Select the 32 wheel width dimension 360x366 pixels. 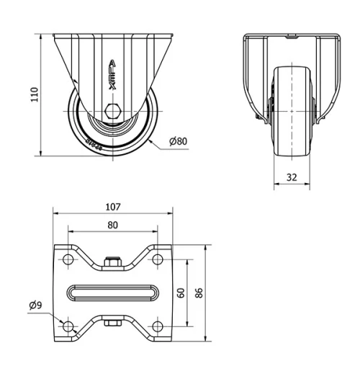point(292,177)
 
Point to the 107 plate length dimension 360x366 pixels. point(113,206)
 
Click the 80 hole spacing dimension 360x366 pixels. point(113,224)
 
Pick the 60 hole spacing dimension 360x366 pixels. point(181,293)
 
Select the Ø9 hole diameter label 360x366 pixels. point(35,305)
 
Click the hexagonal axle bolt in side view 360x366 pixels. point(113,112)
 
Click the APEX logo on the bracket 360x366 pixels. point(112,75)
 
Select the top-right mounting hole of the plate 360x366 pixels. point(158,258)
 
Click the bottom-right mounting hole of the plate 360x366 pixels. point(158,327)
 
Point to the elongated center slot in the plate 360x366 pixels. point(113,293)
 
